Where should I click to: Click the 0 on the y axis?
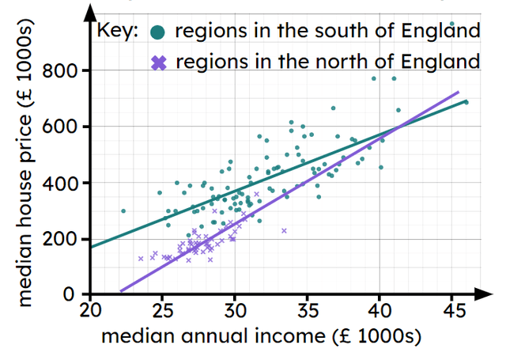tap(79, 295)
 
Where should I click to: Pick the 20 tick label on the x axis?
tap(90, 309)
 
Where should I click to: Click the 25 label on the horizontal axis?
tap(162, 309)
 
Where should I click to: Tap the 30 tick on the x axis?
tap(235, 309)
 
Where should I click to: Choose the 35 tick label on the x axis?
tap(307, 309)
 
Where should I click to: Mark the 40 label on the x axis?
tap(379, 309)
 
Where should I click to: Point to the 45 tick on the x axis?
tap(451, 309)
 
